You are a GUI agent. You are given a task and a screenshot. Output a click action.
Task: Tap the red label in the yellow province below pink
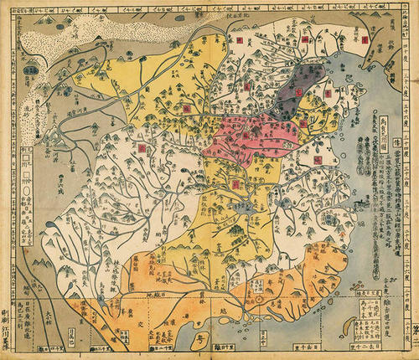tap(237, 181)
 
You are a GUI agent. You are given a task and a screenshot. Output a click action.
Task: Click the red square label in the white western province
tap(141, 146)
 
